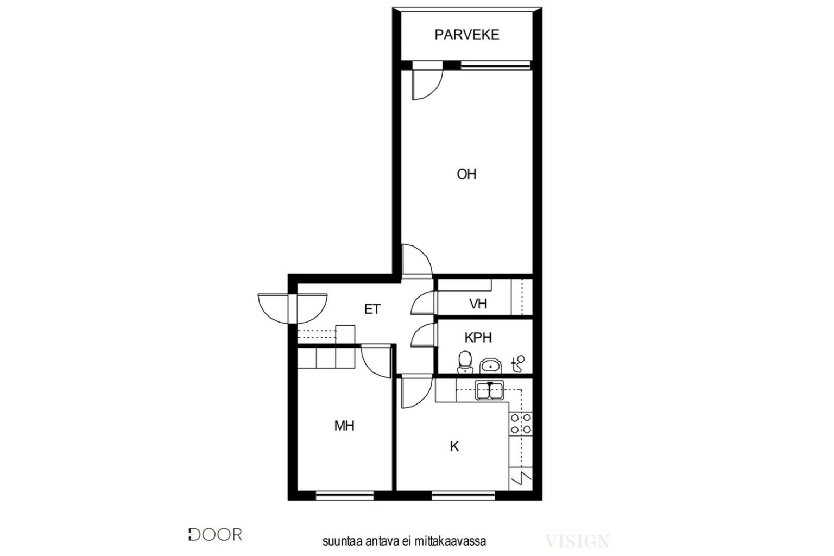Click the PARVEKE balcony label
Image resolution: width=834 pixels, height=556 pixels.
466,35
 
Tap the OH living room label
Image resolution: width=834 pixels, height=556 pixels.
466,174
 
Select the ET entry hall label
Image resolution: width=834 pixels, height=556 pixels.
372,309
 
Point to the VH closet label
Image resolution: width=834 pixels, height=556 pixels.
478,304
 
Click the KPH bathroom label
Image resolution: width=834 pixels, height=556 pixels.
478,337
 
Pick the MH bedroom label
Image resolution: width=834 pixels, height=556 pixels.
344,426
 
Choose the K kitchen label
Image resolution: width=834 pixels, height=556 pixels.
454,446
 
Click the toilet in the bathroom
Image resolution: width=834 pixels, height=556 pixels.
465,362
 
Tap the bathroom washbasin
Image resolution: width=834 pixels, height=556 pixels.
491,365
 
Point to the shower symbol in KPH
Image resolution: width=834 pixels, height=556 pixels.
518,364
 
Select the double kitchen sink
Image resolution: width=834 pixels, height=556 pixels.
489,390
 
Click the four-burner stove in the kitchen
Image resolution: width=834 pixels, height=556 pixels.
521,424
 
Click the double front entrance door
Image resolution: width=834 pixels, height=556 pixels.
293,308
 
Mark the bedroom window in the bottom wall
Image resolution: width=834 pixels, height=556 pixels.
344,496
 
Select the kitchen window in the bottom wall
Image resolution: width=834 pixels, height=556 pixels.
463,496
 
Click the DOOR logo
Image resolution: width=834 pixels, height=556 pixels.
215,535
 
